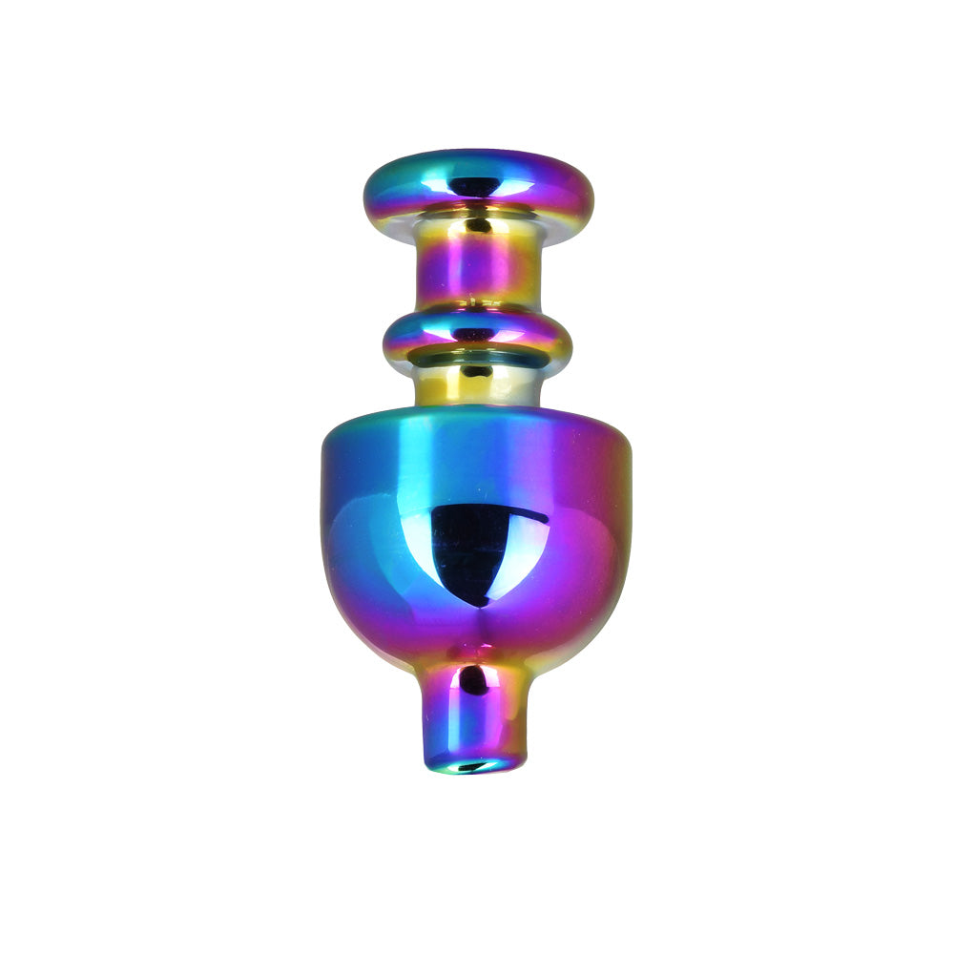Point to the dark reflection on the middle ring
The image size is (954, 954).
point(476,335)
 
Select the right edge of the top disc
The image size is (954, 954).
point(591,196)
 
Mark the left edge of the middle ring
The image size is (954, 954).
point(385,340)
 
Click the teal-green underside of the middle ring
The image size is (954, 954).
point(477,361)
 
